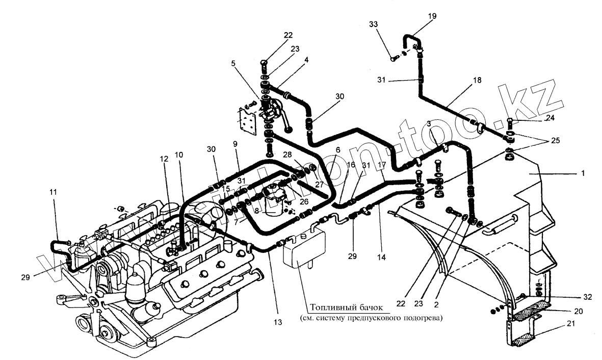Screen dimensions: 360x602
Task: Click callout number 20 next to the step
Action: click(x=575, y=311)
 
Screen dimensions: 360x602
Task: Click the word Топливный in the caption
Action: click(x=327, y=308)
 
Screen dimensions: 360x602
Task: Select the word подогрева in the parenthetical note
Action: click(x=422, y=319)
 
